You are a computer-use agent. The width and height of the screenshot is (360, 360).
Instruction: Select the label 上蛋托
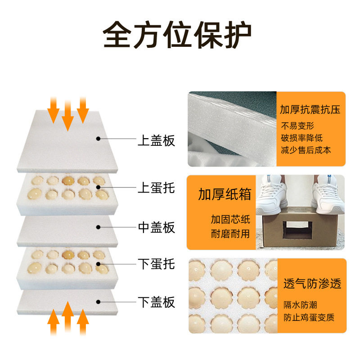[156, 187]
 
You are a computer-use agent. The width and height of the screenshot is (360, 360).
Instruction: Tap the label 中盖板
[156, 228]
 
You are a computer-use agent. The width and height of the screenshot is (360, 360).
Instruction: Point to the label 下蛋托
[156, 263]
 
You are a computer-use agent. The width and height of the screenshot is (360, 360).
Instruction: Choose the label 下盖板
[156, 302]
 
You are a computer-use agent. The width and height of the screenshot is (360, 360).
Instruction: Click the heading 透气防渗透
[312, 284]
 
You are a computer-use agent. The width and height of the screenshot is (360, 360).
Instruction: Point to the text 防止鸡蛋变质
[308, 318]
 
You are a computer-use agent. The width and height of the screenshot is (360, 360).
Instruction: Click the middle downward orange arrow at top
[68, 115]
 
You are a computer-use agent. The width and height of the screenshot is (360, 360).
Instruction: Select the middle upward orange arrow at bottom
[68, 317]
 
